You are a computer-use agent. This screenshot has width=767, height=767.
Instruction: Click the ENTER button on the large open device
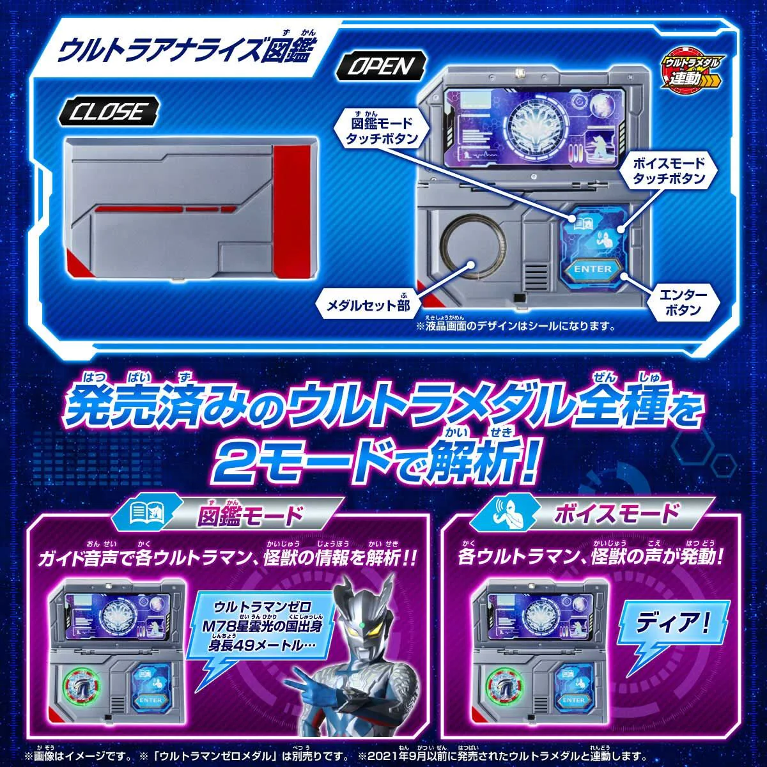(593, 269)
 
